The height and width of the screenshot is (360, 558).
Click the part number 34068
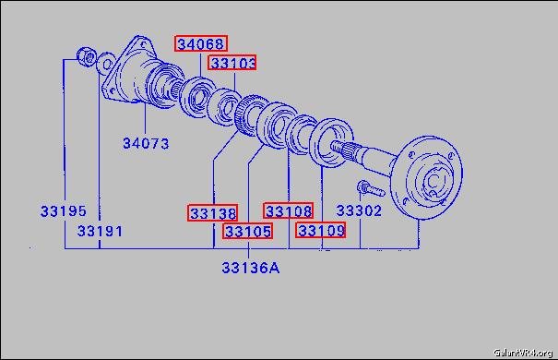(201, 43)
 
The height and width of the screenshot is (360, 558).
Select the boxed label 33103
(232, 63)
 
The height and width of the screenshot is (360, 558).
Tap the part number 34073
(146, 143)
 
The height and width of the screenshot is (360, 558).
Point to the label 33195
(64, 210)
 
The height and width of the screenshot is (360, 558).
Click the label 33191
(100, 231)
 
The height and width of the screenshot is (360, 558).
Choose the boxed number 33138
(212, 213)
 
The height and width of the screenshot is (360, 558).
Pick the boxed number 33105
(248, 231)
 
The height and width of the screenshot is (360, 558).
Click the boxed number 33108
(289, 210)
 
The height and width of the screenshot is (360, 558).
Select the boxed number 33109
(321, 230)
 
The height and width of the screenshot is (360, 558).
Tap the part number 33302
(359, 210)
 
